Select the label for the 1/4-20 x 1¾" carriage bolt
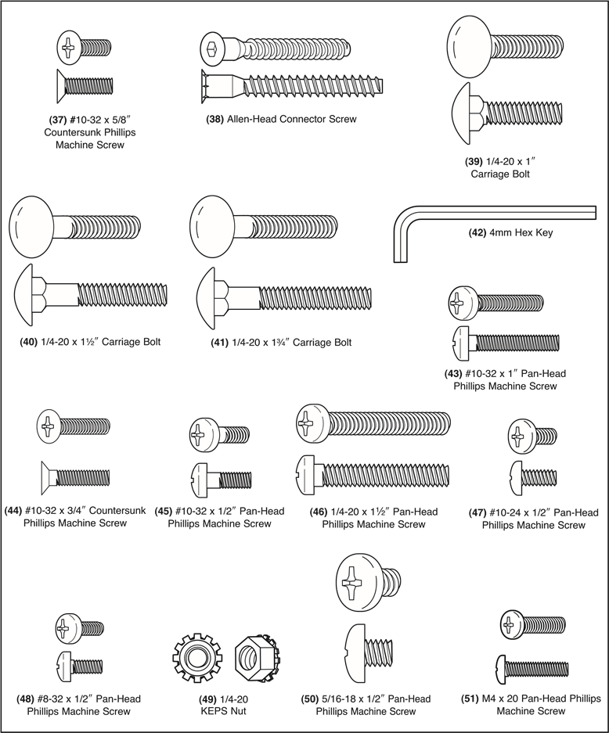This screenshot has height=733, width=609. point(282,343)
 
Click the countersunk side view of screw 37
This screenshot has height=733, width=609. point(85,83)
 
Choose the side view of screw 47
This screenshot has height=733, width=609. point(532,476)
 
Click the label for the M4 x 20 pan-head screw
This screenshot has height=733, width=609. point(530,705)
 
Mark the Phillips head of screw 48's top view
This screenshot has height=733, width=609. point(68,626)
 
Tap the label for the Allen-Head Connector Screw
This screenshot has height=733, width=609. point(281,120)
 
